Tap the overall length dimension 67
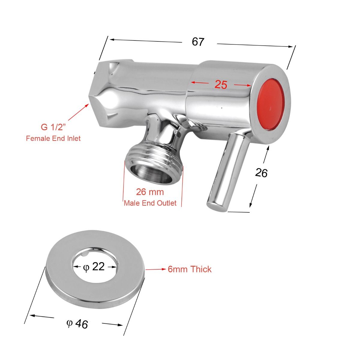(x=198, y=42)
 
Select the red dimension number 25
(x=221, y=85)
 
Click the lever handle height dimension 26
(x=261, y=173)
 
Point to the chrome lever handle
(x=228, y=171)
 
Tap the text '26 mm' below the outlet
(x=150, y=192)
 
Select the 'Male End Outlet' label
(x=150, y=203)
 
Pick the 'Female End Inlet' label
(x=53, y=138)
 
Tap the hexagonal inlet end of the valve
(x=102, y=90)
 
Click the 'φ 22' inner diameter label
(x=94, y=266)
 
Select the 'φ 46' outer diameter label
(x=77, y=324)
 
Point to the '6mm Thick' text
(x=190, y=269)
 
